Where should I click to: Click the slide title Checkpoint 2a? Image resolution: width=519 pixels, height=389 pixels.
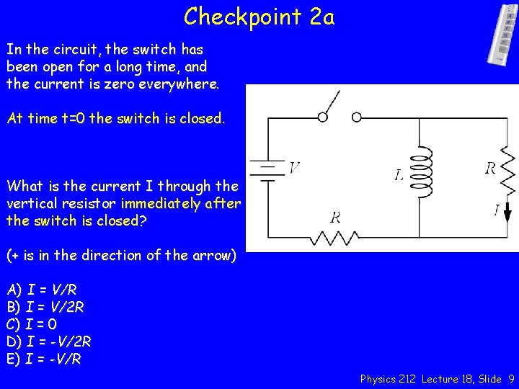click(259, 16)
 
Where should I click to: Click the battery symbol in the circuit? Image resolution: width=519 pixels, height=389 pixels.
click(268, 171)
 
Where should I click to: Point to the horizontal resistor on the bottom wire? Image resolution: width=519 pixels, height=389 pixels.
click(337, 236)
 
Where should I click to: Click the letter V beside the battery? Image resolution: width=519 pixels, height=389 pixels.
click(294, 168)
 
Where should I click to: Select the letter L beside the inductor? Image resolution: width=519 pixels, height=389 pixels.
click(399, 175)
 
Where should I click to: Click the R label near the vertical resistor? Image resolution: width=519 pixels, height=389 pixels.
click(490, 169)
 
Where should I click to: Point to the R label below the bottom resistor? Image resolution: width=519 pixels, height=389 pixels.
click(335, 218)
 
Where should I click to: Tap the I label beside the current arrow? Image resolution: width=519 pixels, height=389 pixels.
click(497, 210)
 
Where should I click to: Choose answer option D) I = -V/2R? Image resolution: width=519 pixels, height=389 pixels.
click(49, 341)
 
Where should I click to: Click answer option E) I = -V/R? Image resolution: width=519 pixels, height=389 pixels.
click(45, 359)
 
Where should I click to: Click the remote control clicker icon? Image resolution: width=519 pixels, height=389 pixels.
click(503, 34)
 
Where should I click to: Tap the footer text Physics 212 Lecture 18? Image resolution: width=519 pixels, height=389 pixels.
click(412, 379)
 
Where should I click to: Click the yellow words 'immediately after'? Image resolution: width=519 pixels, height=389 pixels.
click(181, 204)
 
